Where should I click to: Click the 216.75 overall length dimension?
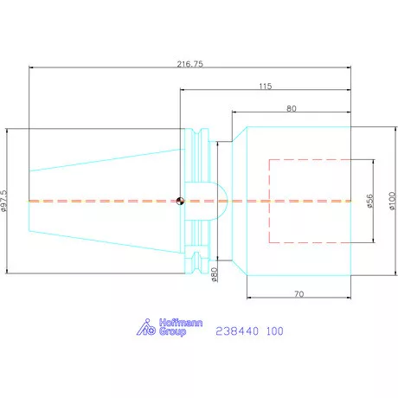tap(190, 64)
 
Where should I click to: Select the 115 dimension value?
tap(266, 87)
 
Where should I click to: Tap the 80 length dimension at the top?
tap(292, 108)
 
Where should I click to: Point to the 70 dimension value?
tap(299, 294)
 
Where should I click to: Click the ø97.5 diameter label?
tap(3, 201)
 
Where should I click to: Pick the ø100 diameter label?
tap(392, 201)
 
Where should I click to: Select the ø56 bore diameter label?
tap(370, 201)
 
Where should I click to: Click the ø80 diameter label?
tap(215, 274)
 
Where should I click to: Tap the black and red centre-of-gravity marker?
tap(180, 201)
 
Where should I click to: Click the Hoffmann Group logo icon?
tap(146, 327)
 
